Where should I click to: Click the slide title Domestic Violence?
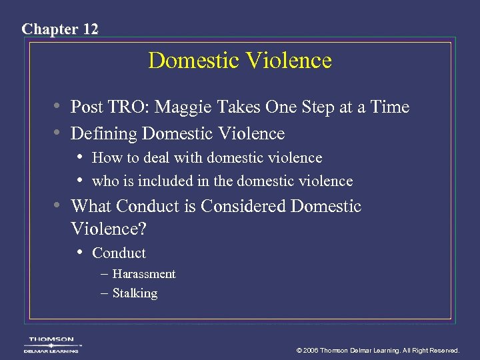click(240, 61)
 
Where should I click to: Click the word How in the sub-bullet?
click(105, 158)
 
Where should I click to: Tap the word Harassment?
click(144, 274)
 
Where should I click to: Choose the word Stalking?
click(135, 293)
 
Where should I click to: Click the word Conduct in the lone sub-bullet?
click(119, 253)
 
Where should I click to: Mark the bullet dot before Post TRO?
click(59, 107)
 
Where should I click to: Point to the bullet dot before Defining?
click(59, 133)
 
